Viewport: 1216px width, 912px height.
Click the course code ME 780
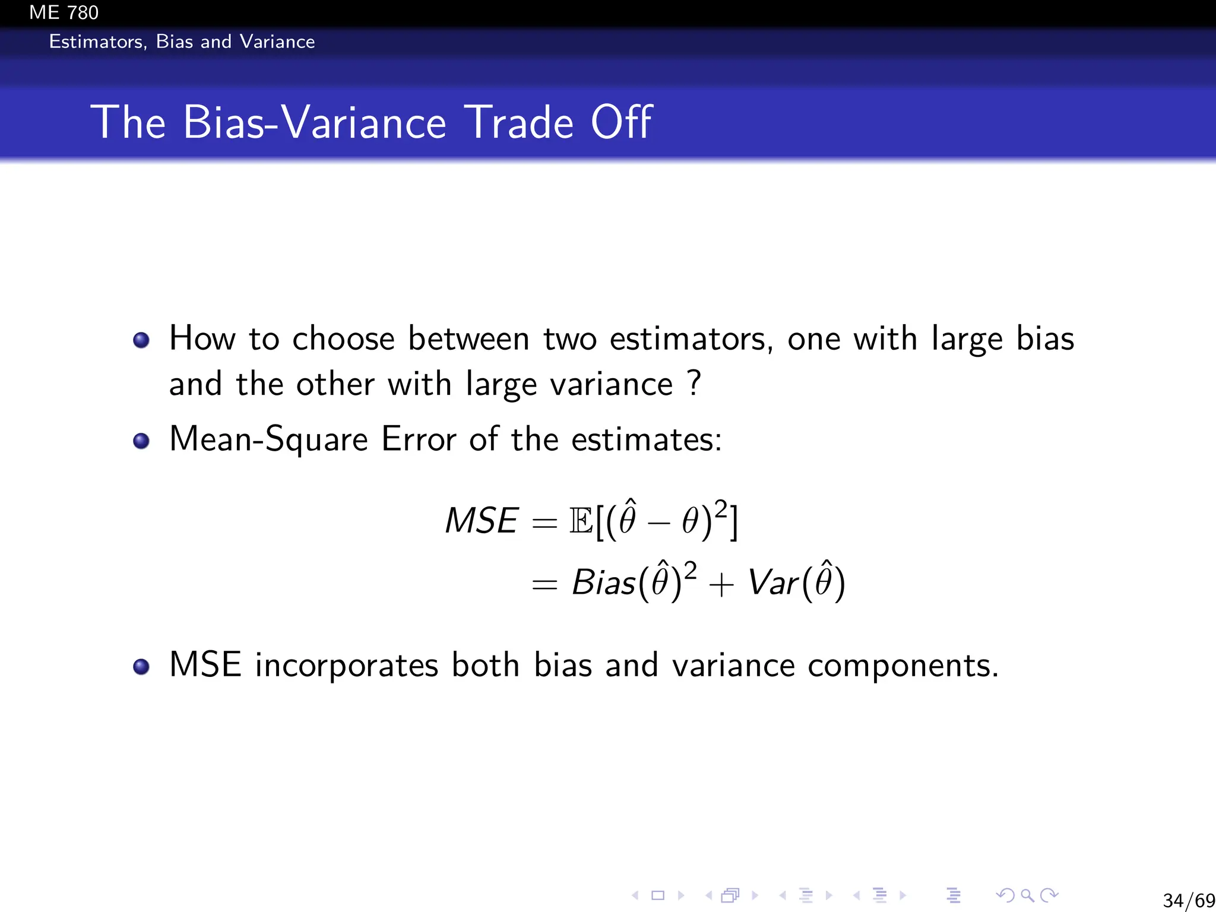click(64, 12)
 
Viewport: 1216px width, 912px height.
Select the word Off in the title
click(621, 122)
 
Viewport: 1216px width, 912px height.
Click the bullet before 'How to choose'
click(141, 340)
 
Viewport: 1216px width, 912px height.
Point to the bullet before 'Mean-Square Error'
click(141, 441)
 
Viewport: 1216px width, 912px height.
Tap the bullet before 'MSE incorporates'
click(141, 667)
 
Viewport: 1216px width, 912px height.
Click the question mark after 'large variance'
click(693, 383)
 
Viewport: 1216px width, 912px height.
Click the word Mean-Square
click(268, 441)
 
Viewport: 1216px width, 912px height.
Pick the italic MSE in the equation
click(482, 521)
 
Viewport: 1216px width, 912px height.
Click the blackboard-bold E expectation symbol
click(581, 521)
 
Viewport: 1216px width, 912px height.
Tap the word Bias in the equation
click(603, 582)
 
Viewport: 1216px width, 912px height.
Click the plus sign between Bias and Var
click(721, 585)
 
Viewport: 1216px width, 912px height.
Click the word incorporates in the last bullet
click(346, 666)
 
